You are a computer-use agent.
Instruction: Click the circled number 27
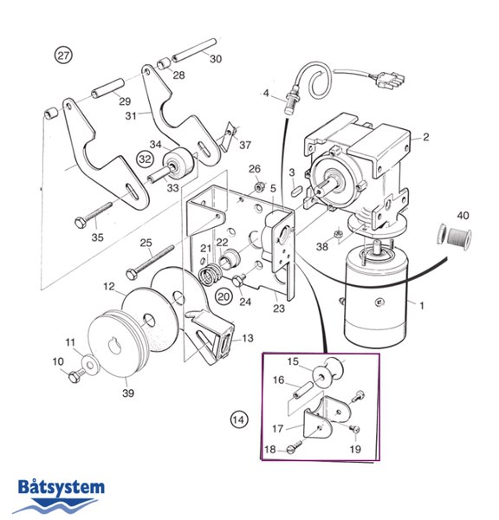click(x=63, y=55)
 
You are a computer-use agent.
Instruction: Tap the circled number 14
click(x=239, y=419)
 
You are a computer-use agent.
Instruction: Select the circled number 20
click(x=224, y=296)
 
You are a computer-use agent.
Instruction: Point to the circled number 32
click(x=145, y=159)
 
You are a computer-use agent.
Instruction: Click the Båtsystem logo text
click(x=62, y=488)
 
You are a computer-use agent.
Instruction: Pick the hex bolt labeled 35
click(x=94, y=214)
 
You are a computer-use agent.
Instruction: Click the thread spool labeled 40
click(x=454, y=236)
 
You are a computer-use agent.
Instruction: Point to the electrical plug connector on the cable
click(x=391, y=81)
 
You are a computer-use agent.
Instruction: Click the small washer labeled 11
click(x=89, y=364)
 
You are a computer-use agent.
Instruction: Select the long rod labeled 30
click(x=194, y=50)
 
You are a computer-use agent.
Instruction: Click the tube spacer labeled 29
click(x=108, y=88)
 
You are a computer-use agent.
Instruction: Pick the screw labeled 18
click(x=294, y=446)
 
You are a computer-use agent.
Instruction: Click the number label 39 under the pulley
click(x=128, y=393)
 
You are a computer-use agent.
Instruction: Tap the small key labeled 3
click(x=295, y=192)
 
